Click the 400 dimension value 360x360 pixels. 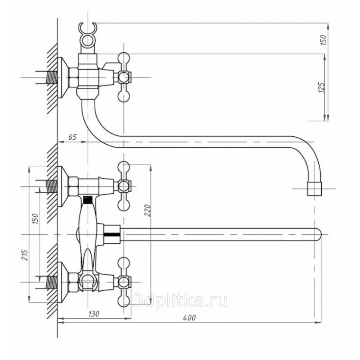189,317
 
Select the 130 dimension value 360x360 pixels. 94,313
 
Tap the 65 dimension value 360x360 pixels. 72,137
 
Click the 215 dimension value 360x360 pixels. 25,255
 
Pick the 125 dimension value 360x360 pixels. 322,87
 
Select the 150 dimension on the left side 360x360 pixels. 35,219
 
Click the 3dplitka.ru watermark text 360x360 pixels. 180,301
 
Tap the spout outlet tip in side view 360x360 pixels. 314,189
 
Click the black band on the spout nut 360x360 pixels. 112,234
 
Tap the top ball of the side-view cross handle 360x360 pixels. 124,58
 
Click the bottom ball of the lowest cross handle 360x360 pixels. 124,301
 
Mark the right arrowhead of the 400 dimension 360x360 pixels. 318,323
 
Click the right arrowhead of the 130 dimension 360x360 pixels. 128,318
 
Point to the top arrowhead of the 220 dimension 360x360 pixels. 151,168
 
